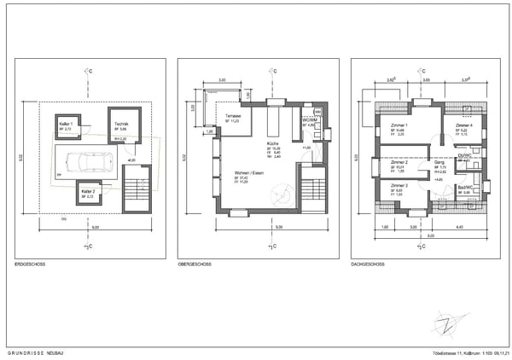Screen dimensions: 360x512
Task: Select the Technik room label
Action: click(121, 124)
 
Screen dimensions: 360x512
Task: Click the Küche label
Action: click(272, 142)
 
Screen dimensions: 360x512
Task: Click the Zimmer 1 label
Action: click(399, 125)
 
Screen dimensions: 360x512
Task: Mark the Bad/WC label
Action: click(465, 187)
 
